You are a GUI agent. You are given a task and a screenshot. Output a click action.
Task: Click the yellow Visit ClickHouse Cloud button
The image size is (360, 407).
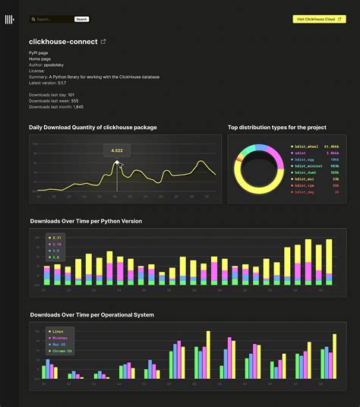(x=319, y=19)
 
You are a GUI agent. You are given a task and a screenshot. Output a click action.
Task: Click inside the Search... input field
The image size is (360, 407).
(x=50, y=19)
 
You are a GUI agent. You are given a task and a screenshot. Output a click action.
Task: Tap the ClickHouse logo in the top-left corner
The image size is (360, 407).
(x=9, y=20)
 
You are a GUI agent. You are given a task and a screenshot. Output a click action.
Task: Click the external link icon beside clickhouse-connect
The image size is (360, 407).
(x=103, y=42)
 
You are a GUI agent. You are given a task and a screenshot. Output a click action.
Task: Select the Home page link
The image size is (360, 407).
(x=41, y=59)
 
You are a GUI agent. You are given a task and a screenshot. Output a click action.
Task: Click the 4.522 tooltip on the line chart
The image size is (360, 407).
(x=117, y=150)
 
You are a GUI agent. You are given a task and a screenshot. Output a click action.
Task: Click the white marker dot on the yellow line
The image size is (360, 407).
(x=117, y=162)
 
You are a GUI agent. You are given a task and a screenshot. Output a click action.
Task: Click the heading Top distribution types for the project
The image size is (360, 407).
(x=276, y=127)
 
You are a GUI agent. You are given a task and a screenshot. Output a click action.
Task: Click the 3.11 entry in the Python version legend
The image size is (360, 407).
(x=55, y=238)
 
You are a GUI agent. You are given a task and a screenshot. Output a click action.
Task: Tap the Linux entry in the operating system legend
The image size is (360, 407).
(x=58, y=332)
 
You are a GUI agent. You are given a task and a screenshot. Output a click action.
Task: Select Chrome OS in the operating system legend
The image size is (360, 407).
(x=61, y=351)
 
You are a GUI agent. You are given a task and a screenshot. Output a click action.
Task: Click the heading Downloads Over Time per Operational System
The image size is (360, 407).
(x=91, y=314)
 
